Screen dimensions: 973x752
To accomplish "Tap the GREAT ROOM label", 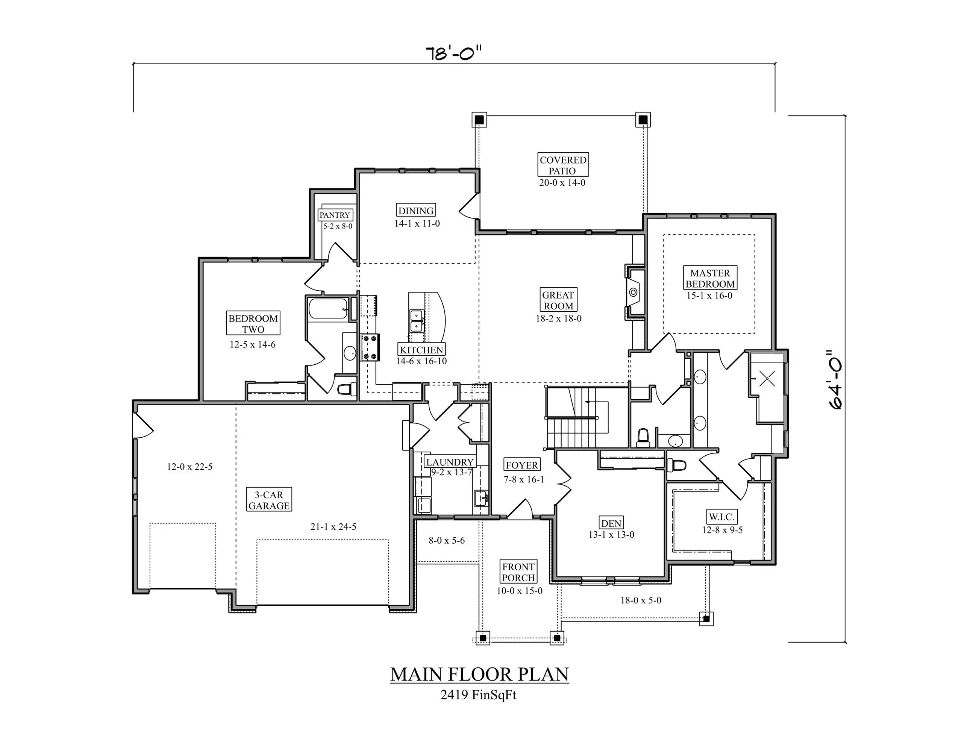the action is tap(558, 300).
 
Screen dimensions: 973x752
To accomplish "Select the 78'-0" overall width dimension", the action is tap(453, 54).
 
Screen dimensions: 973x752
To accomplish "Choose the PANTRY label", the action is tap(335, 215).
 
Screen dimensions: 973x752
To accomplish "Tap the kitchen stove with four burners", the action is tap(370, 347).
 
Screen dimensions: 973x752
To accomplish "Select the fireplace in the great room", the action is tap(634, 292).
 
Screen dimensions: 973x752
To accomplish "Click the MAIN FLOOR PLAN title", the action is tap(479, 674).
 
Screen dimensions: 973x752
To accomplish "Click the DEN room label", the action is tap(611, 523).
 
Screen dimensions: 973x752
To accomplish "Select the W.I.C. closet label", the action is tap(722, 517).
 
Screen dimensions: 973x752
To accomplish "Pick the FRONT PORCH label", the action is tap(518, 572).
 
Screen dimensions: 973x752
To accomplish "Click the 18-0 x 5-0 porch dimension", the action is tap(641, 600).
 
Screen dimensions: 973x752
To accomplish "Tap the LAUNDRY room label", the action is tap(450, 462).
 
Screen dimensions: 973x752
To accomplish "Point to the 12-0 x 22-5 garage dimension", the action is tap(190, 467).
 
